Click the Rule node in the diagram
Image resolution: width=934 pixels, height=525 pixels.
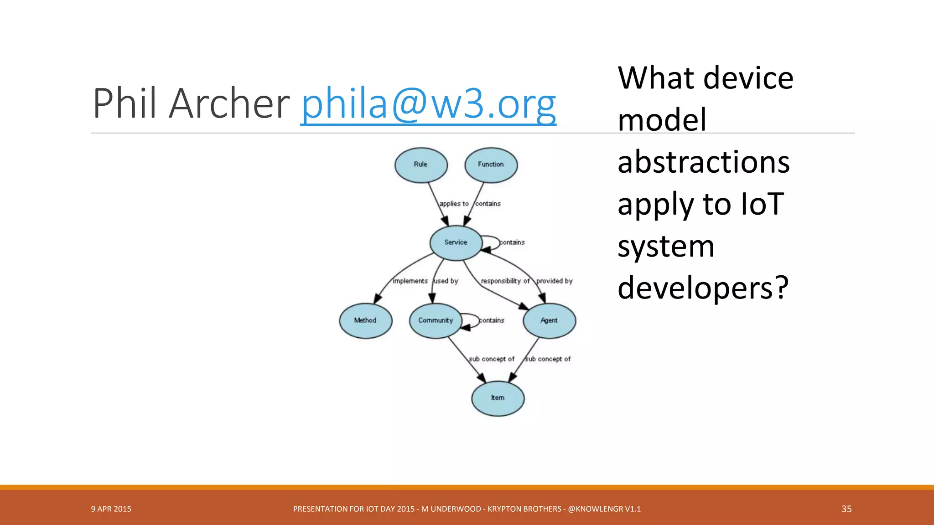click(420, 165)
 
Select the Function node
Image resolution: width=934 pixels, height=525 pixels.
click(491, 165)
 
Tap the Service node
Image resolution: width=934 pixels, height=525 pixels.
click(456, 242)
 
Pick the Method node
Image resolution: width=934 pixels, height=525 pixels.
click(365, 320)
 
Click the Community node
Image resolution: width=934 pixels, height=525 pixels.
click(436, 320)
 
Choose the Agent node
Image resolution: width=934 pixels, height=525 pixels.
click(549, 320)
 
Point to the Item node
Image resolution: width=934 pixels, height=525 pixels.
click(498, 398)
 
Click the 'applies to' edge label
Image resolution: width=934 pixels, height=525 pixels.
click(454, 204)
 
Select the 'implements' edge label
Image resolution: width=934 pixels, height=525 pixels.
click(410, 281)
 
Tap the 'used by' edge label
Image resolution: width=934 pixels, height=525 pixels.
click(446, 281)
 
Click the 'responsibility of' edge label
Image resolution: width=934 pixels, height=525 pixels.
click(505, 281)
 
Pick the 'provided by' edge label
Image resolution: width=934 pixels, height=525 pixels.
click(554, 281)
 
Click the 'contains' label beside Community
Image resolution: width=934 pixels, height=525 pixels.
click(492, 320)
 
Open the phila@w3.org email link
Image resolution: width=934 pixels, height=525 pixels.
click(428, 104)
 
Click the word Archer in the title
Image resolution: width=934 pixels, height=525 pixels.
click(229, 104)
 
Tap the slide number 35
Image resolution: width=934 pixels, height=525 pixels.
click(846, 509)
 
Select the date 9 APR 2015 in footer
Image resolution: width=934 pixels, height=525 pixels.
click(111, 509)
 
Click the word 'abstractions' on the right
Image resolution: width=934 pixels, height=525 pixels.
click(703, 162)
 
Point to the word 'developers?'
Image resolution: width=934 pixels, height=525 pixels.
click(703, 288)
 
